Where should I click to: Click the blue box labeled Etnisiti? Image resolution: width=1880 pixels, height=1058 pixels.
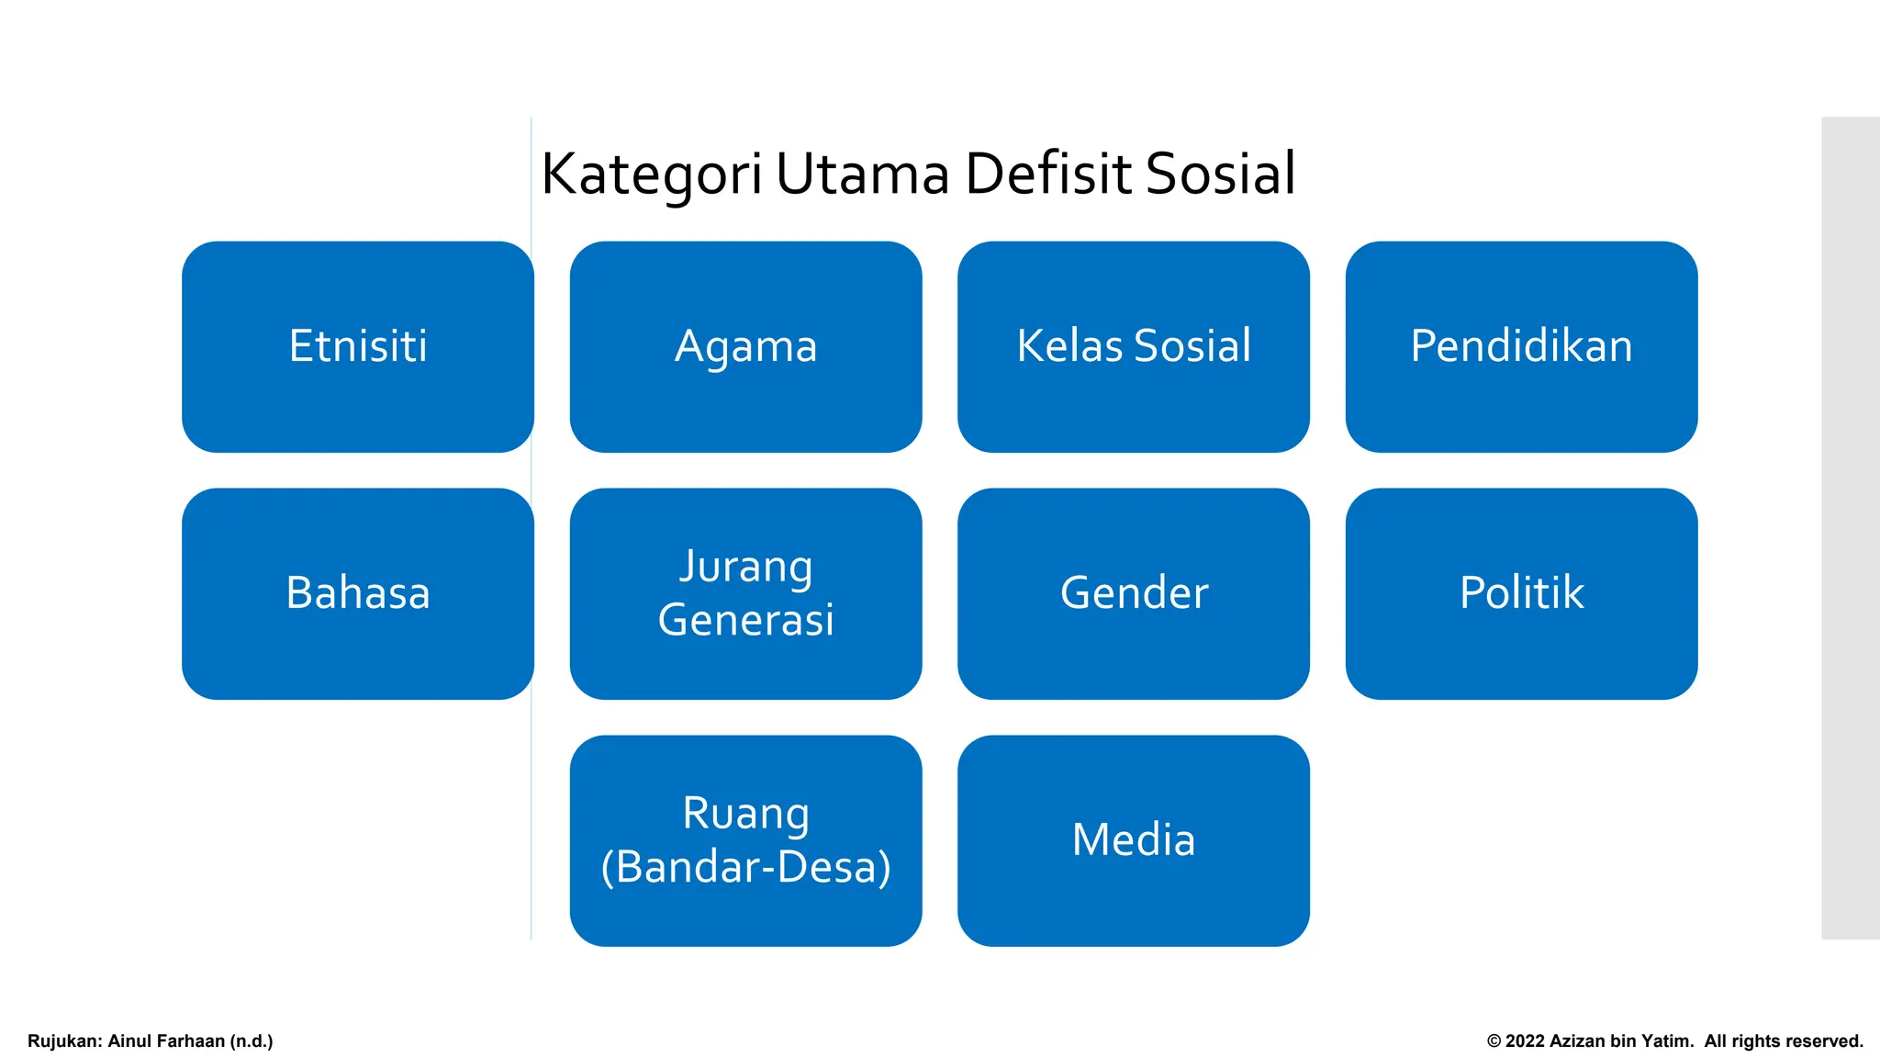(x=358, y=346)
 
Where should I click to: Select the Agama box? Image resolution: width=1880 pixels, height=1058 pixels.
(x=745, y=346)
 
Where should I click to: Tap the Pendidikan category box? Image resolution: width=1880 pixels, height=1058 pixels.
(x=1521, y=346)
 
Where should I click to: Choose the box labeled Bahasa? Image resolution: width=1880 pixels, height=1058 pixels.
(x=358, y=593)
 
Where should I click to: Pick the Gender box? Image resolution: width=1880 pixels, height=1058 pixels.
(x=1134, y=593)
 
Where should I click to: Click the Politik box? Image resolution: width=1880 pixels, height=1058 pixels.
(x=1521, y=593)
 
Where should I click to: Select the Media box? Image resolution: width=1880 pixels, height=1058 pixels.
(x=1134, y=839)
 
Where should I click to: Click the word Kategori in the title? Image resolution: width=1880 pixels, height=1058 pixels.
(x=652, y=174)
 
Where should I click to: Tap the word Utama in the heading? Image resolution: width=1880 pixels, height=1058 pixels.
(x=862, y=174)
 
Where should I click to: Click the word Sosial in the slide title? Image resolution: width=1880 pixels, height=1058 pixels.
(x=1220, y=174)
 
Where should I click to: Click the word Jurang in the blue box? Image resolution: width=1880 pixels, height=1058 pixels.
(x=745, y=567)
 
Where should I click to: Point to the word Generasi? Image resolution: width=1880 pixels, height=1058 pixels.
(x=745, y=620)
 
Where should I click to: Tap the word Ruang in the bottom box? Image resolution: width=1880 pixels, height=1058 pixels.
(x=745, y=814)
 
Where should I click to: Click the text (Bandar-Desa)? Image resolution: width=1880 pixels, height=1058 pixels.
(x=745, y=867)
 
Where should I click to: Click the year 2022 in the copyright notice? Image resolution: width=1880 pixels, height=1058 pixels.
(x=1525, y=1041)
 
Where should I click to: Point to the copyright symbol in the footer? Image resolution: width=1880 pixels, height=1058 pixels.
(x=1494, y=1041)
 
